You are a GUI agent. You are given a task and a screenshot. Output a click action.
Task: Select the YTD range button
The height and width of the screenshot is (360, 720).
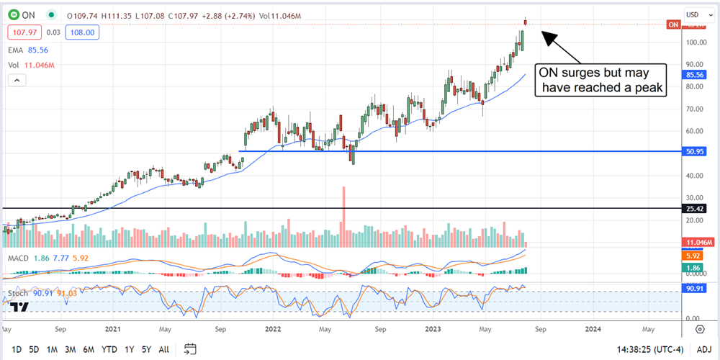coord(109,349)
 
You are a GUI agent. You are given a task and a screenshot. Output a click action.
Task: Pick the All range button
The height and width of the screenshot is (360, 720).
coord(164,349)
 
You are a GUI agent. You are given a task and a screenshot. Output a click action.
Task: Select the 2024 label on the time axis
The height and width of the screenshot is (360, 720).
coord(593,330)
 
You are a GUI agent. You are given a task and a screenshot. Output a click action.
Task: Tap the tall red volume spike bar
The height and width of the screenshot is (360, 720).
coord(343,209)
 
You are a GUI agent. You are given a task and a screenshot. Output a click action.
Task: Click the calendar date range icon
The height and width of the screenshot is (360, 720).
coord(190,349)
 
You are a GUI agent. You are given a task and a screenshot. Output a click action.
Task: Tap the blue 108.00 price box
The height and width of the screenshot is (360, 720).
coord(83,32)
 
